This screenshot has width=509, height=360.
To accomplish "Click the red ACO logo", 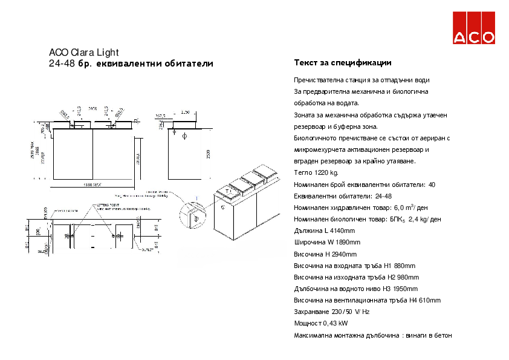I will click(475, 27).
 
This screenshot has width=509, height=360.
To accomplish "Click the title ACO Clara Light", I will click(83, 52).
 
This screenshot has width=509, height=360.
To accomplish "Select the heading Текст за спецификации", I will click(343, 63).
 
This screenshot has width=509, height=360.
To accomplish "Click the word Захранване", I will click(311, 312).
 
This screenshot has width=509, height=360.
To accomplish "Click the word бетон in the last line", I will click(443, 335).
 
